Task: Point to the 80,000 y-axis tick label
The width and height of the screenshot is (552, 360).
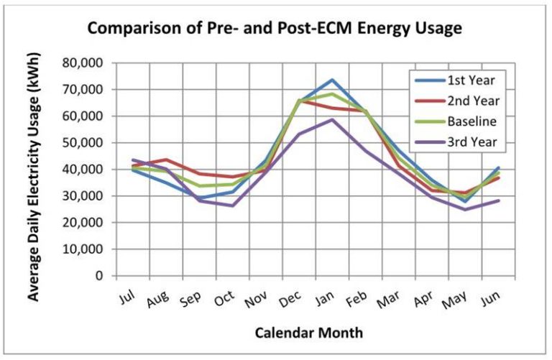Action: click(83, 63)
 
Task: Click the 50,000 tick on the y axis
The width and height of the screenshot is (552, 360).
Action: click(83, 143)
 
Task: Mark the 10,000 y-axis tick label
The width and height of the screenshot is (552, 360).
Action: click(83, 249)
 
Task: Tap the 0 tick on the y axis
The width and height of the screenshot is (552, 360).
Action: click(99, 276)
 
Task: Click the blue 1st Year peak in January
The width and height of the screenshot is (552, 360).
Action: click(333, 80)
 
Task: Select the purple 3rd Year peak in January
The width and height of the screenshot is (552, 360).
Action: click(333, 119)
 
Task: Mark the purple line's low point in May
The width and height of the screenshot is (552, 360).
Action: click(465, 209)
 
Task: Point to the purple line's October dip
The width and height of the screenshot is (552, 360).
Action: click(233, 206)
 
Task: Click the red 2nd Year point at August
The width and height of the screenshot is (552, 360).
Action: click(167, 160)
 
